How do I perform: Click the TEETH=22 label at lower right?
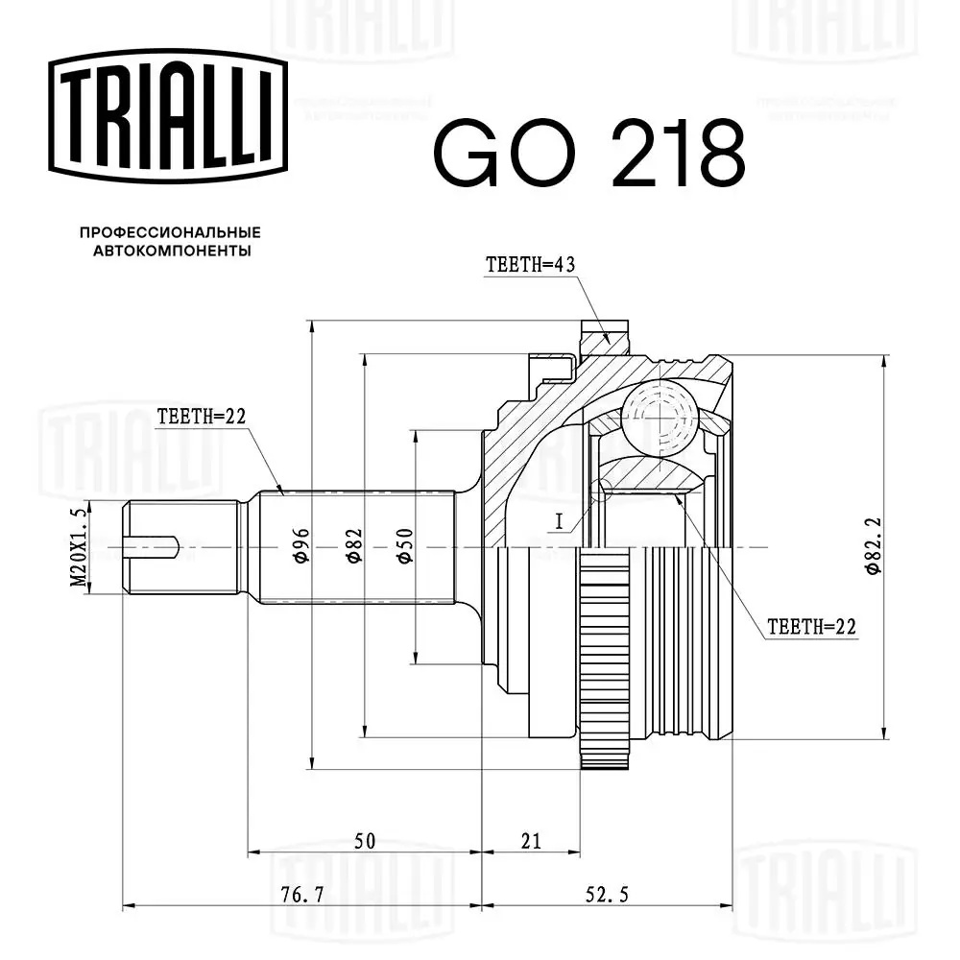click(x=811, y=628)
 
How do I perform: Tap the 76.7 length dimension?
click(x=300, y=895)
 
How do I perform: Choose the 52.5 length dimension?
click(x=606, y=895)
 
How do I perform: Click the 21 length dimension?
click(x=531, y=842)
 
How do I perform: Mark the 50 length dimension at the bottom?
click(x=364, y=842)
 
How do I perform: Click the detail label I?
click(x=559, y=521)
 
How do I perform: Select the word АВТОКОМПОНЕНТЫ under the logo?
click(x=171, y=251)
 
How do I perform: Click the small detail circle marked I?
click(x=602, y=489)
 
